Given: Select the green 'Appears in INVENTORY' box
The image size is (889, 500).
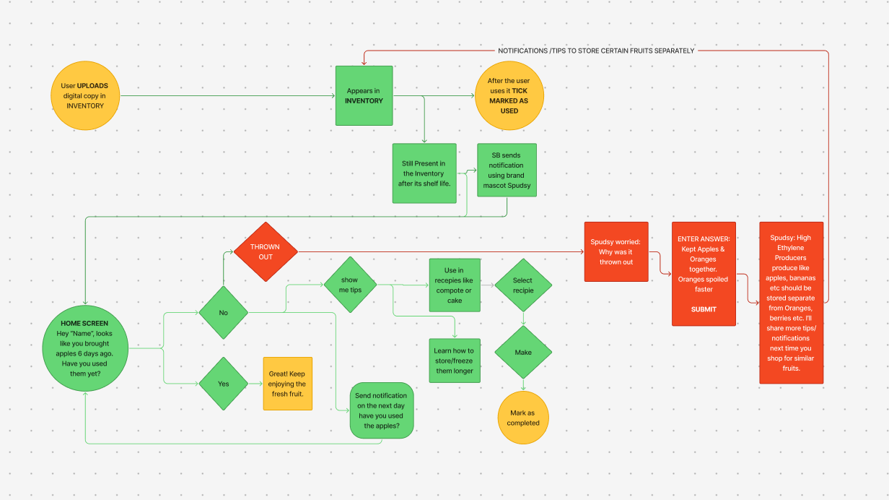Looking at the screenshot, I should [x=364, y=96].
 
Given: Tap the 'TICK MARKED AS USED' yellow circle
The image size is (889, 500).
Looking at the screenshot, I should [x=509, y=96].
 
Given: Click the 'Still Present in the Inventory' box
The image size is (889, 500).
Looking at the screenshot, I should [x=426, y=173].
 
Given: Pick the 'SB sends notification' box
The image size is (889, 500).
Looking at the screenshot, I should [x=507, y=171].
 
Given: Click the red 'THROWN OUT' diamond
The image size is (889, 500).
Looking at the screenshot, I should [x=266, y=251].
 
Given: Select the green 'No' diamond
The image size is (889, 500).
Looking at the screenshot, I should [x=224, y=313].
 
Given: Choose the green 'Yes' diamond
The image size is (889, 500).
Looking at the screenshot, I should [x=224, y=384].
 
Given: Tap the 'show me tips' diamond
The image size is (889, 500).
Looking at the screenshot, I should [x=349, y=284].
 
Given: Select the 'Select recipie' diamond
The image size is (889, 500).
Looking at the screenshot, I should [x=522, y=285].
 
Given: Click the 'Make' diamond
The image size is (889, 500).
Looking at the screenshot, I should [x=522, y=353].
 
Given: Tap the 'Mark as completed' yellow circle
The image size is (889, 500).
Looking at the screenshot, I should [x=524, y=418].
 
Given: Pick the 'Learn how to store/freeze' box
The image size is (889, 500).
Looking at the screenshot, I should [x=455, y=360].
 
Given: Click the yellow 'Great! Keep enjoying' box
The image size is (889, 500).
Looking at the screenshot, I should [x=287, y=384].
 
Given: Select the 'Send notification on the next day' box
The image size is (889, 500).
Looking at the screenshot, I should [x=382, y=410].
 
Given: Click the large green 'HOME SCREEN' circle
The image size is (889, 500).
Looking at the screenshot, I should [x=85, y=348].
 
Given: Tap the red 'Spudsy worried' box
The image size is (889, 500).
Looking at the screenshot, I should [x=616, y=252].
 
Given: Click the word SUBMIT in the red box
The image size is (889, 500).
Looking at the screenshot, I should [x=704, y=309].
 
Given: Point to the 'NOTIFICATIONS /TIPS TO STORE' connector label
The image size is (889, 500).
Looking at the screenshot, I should [x=596, y=51].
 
